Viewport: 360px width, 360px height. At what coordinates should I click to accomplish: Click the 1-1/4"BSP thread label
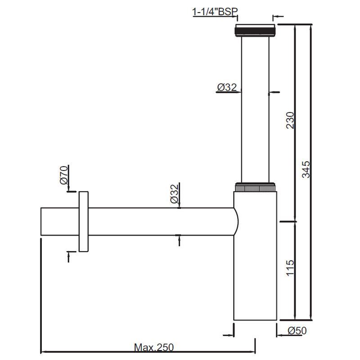click(215, 13)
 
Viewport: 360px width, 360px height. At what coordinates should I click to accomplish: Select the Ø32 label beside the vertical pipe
click(227, 88)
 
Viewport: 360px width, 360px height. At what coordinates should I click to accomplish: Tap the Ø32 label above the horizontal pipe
click(175, 193)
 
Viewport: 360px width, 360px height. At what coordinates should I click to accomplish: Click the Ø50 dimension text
click(297, 331)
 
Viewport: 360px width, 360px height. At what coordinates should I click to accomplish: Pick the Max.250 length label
click(153, 347)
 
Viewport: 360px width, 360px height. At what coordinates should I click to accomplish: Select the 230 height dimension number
click(290, 121)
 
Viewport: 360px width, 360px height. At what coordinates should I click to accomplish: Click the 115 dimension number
click(290, 269)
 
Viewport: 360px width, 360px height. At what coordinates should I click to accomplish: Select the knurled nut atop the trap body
click(255, 187)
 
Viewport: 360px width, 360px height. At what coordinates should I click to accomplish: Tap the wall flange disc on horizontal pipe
click(84, 221)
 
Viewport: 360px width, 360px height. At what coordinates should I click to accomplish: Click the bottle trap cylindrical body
click(255, 270)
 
